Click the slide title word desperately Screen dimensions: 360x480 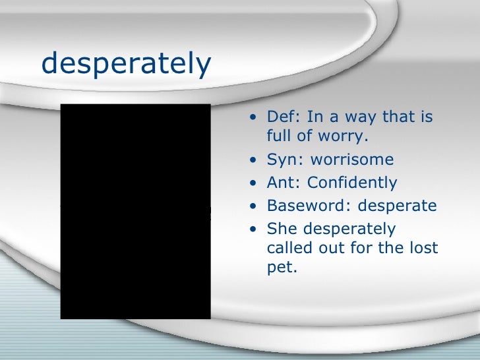(126, 64)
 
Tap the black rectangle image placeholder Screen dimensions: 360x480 (135, 212)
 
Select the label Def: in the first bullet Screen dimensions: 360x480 (283, 117)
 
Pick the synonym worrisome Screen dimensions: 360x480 (352, 160)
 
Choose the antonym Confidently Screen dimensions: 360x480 (352, 183)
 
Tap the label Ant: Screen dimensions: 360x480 (284, 183)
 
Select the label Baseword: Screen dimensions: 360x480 (309, 206)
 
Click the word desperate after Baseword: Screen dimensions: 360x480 (397, 206)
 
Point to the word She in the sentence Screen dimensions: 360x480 (281, 229)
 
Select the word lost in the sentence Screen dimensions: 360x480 (424, 249)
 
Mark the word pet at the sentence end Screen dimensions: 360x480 (278, 269)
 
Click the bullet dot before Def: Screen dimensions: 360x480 (255, 118)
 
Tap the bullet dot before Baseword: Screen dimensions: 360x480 (255, 206)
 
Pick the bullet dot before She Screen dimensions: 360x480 (255, 229)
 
